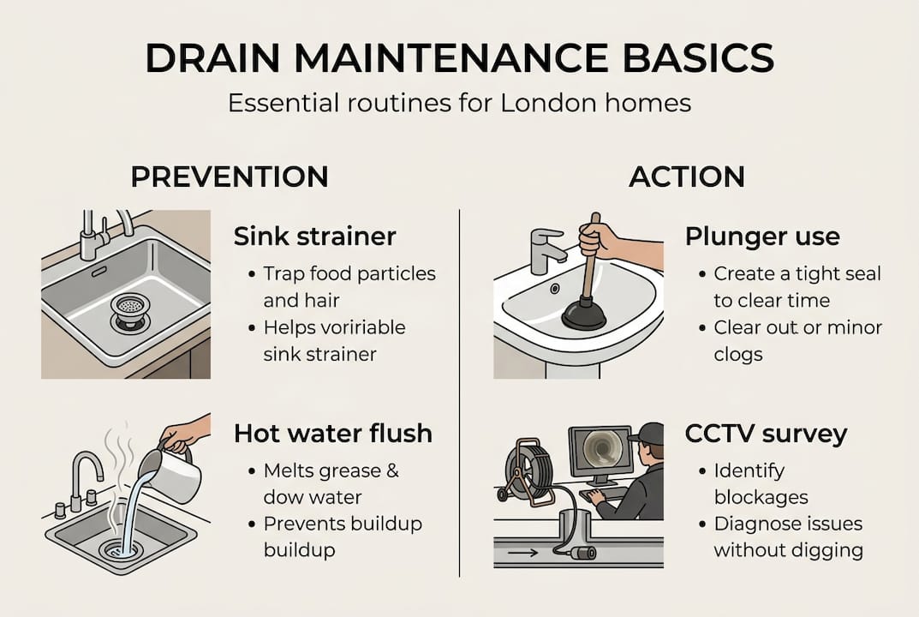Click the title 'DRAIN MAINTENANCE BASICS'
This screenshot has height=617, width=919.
tap(459, 58)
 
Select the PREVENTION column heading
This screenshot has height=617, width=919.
tap(229, 177)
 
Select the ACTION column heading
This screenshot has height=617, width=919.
tap(687, 177)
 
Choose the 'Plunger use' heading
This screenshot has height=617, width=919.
tap(762, 237)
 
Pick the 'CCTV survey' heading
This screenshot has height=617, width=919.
tap(766, 434)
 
